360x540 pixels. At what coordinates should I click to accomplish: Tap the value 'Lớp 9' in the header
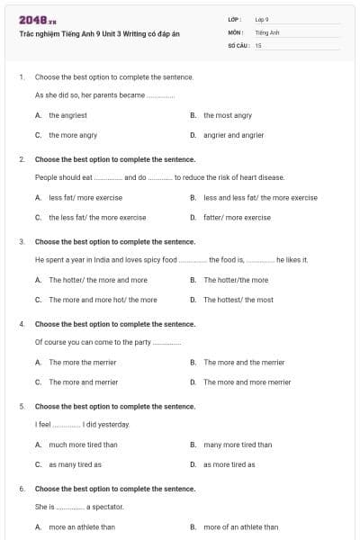pyautogui.click(x=262, y=19)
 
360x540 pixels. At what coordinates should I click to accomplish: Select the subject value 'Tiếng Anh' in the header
pyautogui.click(x=267, y=31)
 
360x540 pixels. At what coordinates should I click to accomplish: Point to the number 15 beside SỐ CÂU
pyautogui.click(x=258, y=44)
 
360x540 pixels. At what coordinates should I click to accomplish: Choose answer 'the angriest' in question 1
pyautogui.click(x=67, y=115)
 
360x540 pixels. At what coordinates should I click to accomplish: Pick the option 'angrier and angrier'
pyautogui.click(x=233, y=135)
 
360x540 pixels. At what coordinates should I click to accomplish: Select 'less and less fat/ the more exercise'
pyautogui.click(x=260, y=197)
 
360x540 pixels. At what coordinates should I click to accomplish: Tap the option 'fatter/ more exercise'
pyautogui.click(x=237, y=217)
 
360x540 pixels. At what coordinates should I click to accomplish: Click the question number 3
pyautogui.click(x=22, y=241)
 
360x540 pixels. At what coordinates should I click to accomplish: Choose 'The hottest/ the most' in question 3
pyautogui.click(x=238, y=300)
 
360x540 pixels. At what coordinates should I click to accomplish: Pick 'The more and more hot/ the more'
pyautogui.click(x=103, y=300)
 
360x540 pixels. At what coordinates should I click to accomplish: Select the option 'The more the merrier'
pyautogui.click(x=83, y=362)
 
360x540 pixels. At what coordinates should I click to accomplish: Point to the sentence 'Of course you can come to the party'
pyautogui.click(x=94, y=342)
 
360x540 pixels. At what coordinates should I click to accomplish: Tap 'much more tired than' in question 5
pyautogui.click(x=83, y=445)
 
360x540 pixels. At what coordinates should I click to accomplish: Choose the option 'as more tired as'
pyautogui.click(x=229, y=464)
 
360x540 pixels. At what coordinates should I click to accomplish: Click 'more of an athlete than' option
pyautogui.click(x=240, y=526)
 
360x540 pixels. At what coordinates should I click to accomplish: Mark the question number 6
pyautogui.click(x=22, y=489)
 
